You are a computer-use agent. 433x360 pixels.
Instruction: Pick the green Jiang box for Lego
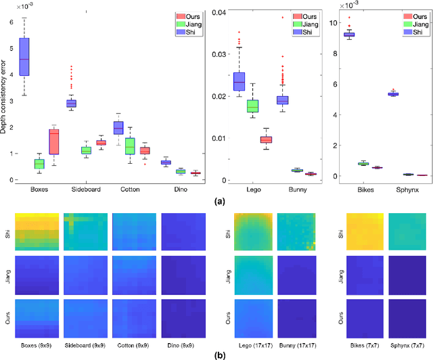[252, 106]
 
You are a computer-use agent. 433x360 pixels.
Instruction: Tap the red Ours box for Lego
[266, 139]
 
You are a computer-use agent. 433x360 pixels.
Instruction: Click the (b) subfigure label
[218, 353]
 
